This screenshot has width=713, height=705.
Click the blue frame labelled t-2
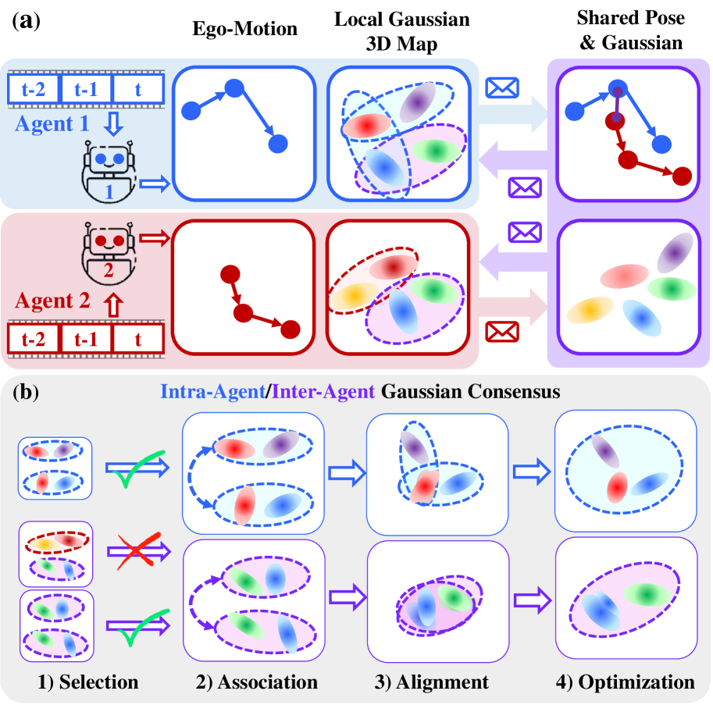point(32,88)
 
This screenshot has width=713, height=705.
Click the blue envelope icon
point(501,88)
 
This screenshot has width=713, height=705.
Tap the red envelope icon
point(501,332)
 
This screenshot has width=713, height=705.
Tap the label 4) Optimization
point(625,682)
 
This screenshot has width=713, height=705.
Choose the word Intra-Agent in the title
point(212,393)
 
